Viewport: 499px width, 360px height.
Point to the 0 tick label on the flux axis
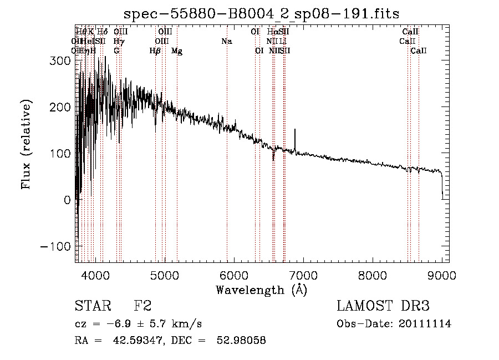tap(67, 200)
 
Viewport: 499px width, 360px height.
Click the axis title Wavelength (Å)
tap(261, 290)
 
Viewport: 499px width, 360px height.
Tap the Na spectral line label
tap(226, 42)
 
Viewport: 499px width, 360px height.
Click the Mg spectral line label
tap(177, 51)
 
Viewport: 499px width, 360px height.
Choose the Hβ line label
tap(155, 51)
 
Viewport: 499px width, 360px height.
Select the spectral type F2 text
tap(142, 306)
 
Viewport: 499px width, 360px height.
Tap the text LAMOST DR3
tap(383, 306)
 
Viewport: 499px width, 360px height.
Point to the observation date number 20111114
tap(425, 324)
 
